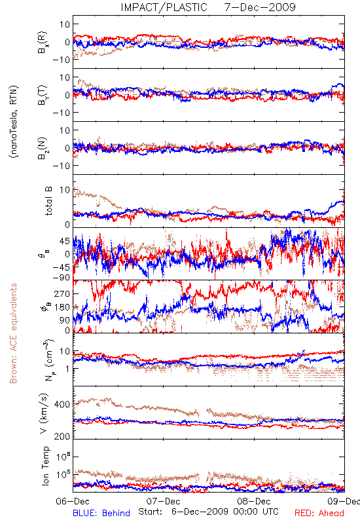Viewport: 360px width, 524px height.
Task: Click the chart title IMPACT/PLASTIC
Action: click(x=164, y=7)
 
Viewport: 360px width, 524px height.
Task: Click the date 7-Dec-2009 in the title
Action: click(x=260, y=7)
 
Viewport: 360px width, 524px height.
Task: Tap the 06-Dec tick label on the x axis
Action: click(x=73, y=501)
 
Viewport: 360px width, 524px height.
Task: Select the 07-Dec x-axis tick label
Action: click(x=163, y=501)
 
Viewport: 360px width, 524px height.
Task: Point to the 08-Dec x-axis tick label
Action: click(x=254, y=501)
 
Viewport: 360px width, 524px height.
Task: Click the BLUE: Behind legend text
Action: click(x=101, y=513)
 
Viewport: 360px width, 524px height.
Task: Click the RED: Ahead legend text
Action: click(x=319, y=513)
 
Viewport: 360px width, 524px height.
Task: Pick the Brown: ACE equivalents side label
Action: click(x=13, y=333)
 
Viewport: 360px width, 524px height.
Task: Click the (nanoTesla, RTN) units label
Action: click(x=14, y=122)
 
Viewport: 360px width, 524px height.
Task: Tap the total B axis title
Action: click(x=48, y=201)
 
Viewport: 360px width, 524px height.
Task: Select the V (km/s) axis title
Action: click(x=45, y=413)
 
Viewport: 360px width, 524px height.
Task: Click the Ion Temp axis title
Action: click(x=45, y=466)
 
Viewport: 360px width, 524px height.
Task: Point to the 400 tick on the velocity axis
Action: click(x=62, y=405)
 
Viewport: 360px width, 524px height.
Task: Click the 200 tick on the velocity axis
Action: click(x=62, y=436)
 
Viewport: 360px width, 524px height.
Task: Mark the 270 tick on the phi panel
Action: click(x=62, y=293)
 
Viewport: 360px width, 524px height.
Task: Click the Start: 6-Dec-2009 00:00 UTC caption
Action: click(x=208, y=512)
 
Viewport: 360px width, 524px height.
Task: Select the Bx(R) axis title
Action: click(x=43, y=42)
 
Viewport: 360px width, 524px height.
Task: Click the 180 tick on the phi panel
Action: click(x=62, y=307)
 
